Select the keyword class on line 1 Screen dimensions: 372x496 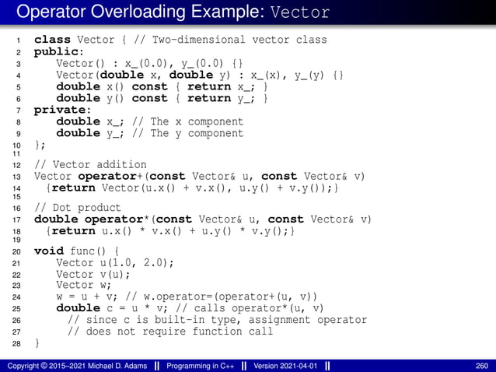click(52, 40)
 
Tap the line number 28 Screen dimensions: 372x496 click(17, 344)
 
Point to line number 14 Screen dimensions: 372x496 click(17, 188)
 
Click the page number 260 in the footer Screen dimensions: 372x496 click(482, 366)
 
